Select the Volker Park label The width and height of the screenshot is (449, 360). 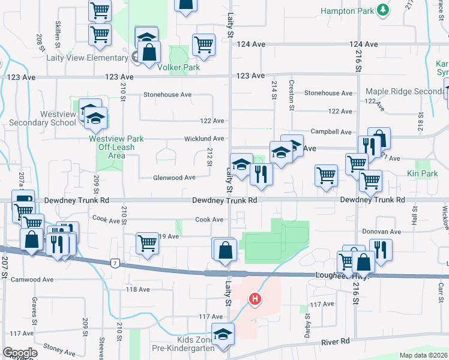click(178, 68)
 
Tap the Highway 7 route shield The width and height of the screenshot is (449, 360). click(115, 263)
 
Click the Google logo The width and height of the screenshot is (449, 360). click(20, 353)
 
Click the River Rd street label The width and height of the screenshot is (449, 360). click(336, 341)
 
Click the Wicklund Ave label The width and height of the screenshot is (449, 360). click(204, 139)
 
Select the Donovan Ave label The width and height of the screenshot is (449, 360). click(381, 232)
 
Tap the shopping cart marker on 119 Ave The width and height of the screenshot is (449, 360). click(147, 244)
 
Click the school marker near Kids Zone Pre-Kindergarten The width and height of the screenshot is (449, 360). click(223, 334)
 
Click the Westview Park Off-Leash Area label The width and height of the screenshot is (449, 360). click(116, 147)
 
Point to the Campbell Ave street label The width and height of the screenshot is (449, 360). click(331, 131)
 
